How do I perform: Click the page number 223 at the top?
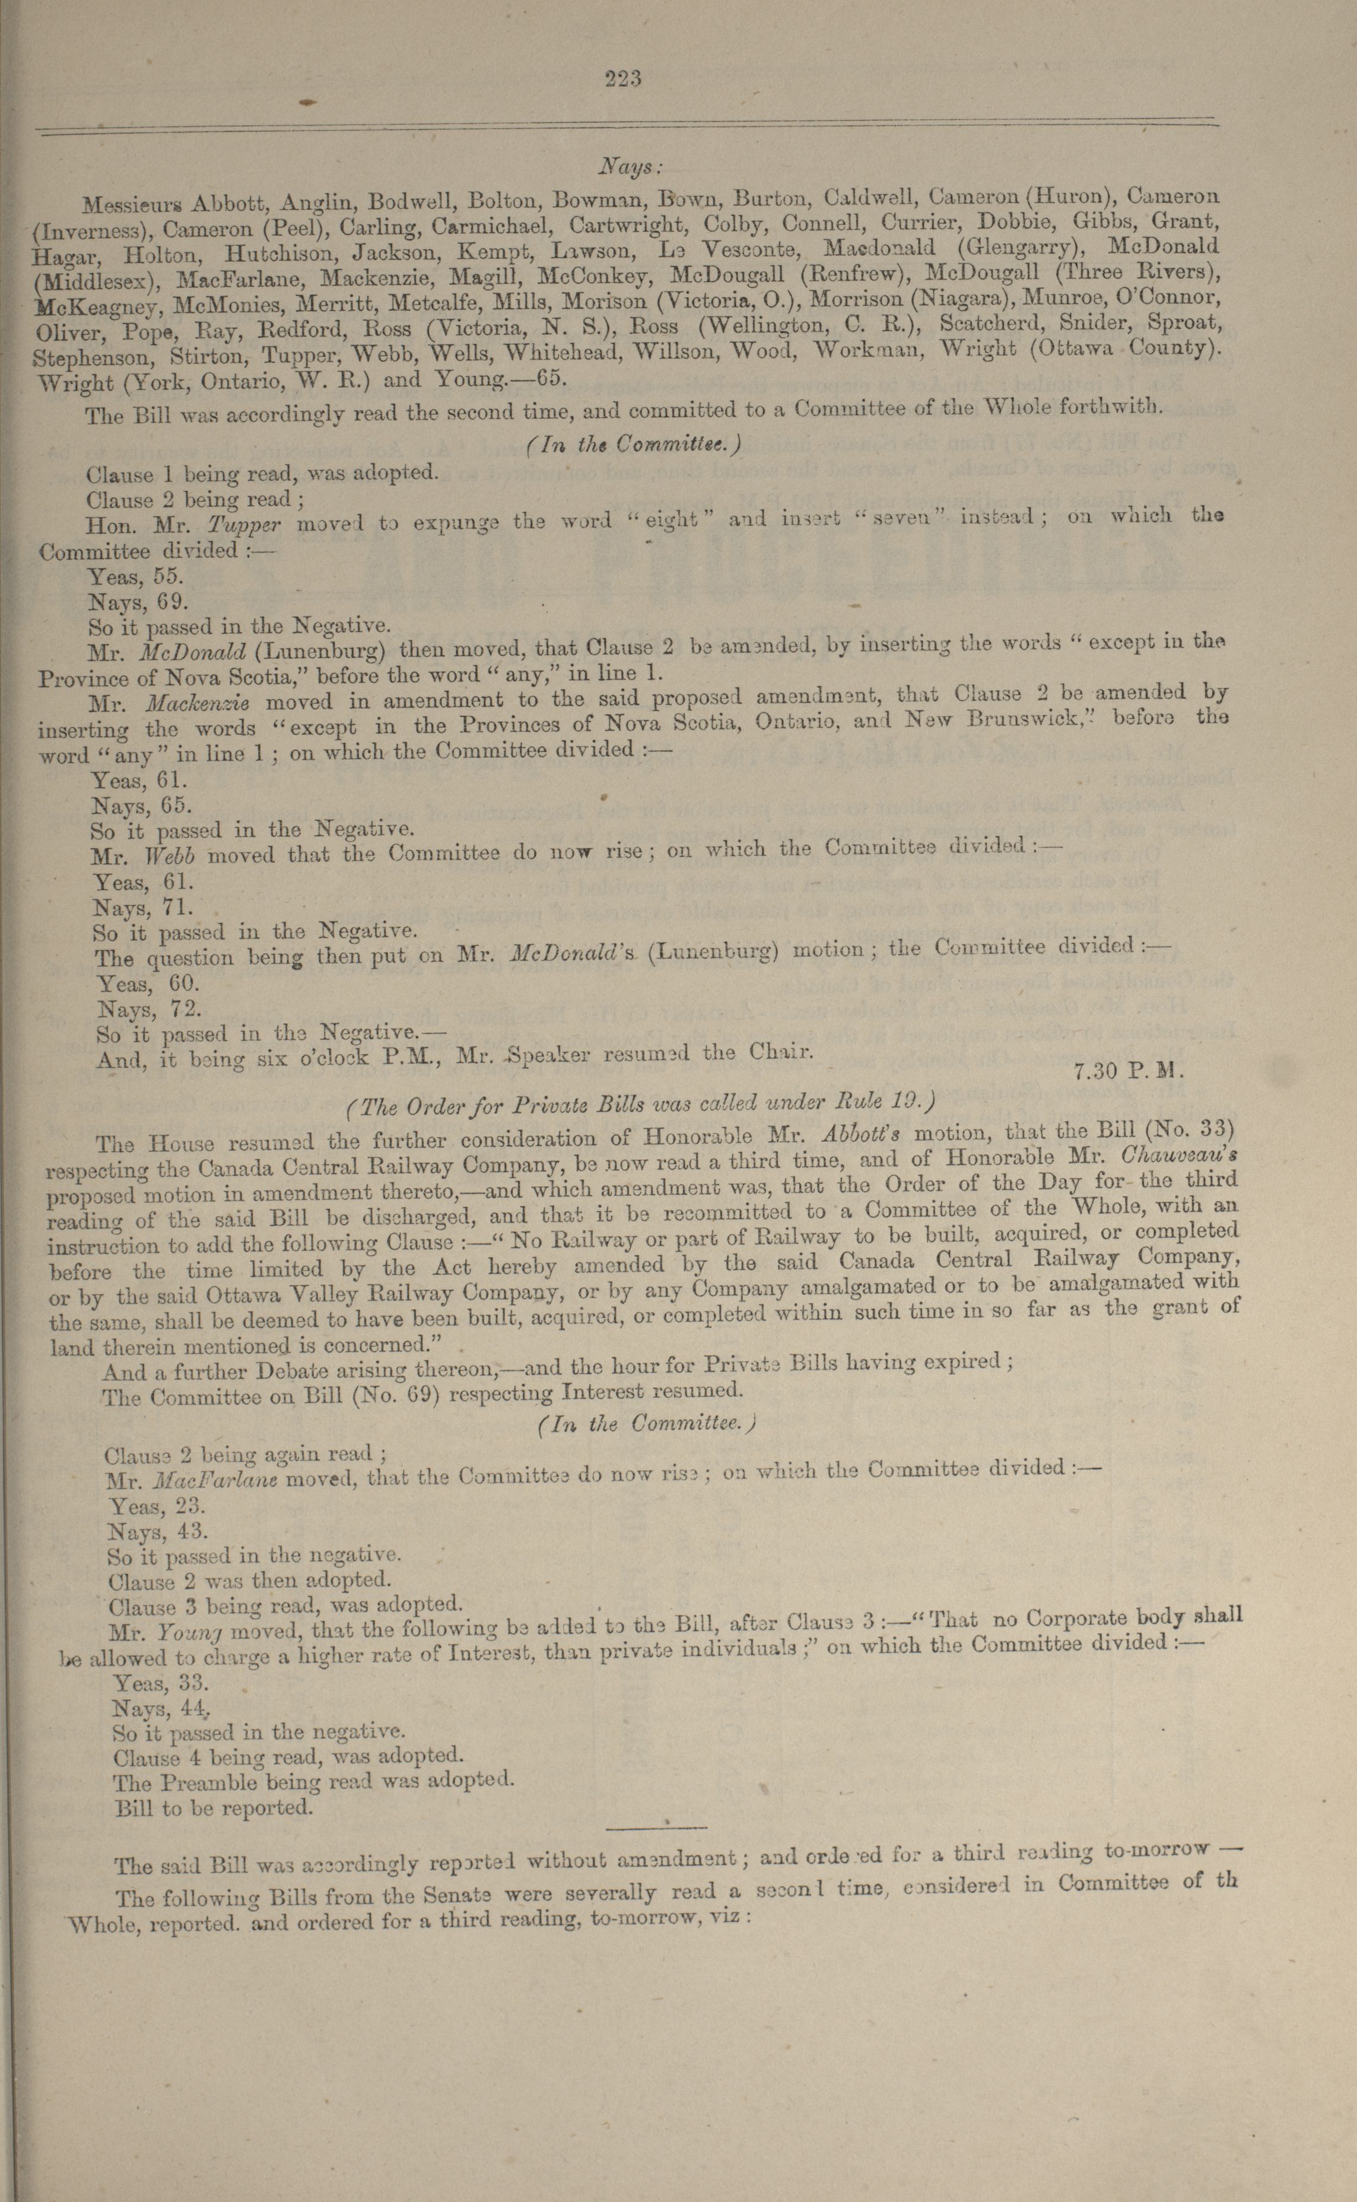623,79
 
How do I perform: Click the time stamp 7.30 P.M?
1129,1070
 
